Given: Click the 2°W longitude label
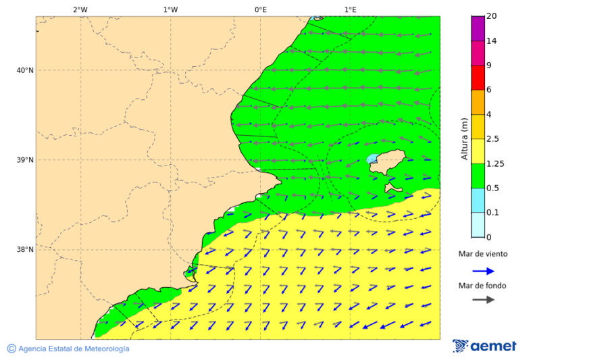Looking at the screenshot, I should (x=80, y=9).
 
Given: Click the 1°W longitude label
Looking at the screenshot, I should (x=170, y=9).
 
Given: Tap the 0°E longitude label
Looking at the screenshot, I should (x=260, y=9).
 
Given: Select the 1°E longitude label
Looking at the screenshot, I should (x=350, y=9).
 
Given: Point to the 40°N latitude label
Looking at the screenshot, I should (x=24, y=70).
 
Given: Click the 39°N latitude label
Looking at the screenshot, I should (x=24, y=160).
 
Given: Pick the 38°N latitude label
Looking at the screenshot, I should (x=24, y=250).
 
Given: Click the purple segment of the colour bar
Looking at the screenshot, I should (x=478, y=28).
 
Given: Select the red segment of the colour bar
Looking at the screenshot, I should (x=478, y=77).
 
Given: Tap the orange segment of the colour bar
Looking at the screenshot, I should (x=478, y=102).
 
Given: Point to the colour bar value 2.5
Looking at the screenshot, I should (x=493, y=139).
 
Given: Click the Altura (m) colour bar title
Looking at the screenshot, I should (x=464, y=139).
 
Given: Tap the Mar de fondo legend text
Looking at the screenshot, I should (x=482, y=286).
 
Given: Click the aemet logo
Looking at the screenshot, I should (x=484, y=346).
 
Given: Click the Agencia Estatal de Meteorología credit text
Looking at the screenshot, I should (x=74, y=349).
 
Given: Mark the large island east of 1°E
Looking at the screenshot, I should (x=390, y=163).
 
